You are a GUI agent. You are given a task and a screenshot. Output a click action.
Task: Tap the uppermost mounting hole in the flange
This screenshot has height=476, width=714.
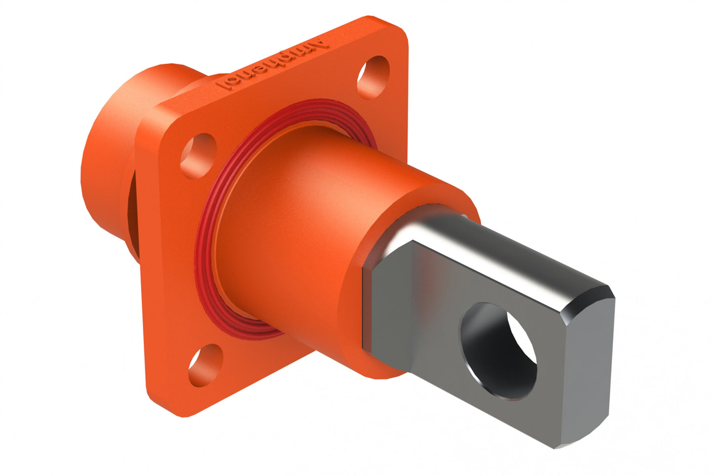click(x=373, y=77)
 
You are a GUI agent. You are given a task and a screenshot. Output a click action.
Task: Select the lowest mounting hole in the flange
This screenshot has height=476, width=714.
click(x=205, y=365)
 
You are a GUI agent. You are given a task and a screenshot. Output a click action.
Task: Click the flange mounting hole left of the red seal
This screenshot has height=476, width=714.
click(x=198, y=155)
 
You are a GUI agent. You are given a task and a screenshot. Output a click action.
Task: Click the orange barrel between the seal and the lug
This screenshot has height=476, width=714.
click(x=296, y=222)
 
